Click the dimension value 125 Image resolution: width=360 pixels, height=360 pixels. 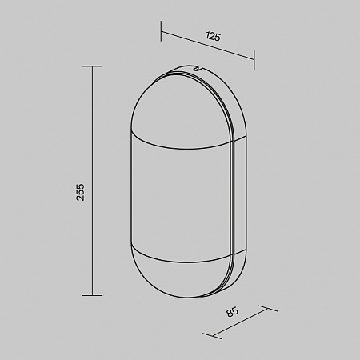click(x=214, y=36)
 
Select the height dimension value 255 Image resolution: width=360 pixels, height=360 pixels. click(x=80, y=192)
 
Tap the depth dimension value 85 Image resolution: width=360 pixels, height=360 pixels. click(x=232, y=312)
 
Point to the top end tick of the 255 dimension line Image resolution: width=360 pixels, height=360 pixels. click(x=92, y=66)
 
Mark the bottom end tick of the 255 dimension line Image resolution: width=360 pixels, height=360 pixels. click(x=92, y=295)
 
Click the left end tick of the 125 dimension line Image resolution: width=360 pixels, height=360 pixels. click(x=161, y=31)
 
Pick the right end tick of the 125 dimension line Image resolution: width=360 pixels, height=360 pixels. click(x=254, y=59)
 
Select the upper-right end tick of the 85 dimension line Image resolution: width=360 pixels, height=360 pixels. click(x=268, y=308)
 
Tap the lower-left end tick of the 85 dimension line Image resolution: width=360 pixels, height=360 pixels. click(x=212, y=336)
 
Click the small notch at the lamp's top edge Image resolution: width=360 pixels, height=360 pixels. click(x=198, y=69)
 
